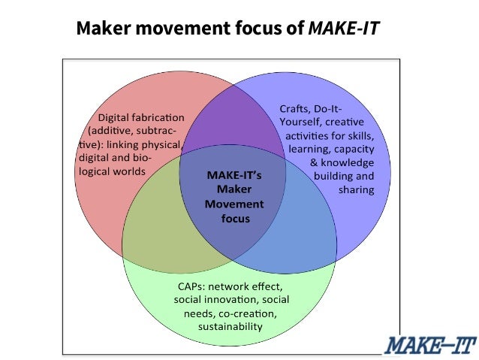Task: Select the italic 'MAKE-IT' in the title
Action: (x=345, y=29)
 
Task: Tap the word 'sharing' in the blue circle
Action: (x=355, y=190)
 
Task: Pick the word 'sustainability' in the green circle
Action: (x=230, y=327)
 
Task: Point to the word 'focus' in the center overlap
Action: (x=235, y=219)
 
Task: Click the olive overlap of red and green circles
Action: (x=158, y=241)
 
